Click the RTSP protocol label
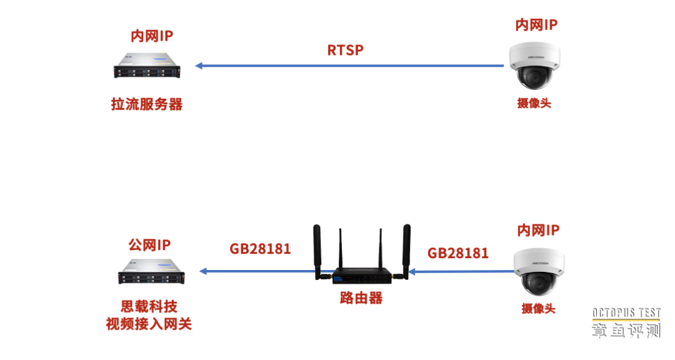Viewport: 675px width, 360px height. pyautogui.click(x=345, y=50)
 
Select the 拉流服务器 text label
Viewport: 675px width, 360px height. pyautogui.click(x=147, y=104)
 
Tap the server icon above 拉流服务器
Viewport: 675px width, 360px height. pyautogui.click(x=147, y=66)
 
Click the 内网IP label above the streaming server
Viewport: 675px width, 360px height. pyautogui.click(x=152, y=36)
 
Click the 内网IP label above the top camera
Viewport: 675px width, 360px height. pyautogui.click(x=536, y=25)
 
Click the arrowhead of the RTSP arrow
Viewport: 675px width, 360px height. pyautogui.click(x=199, y=66)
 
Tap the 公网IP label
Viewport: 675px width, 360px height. pyautogui.click(x=149, y=244)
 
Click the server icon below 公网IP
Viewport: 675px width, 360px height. pyautogui.click(x=151, y=271)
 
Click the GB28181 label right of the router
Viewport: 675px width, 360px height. pyautogui.click(x=458, y=253)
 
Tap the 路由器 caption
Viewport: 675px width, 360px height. pyautogui.click(x=361, y=297)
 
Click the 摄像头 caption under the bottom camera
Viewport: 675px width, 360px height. pyautogui.click(x=538, y=308)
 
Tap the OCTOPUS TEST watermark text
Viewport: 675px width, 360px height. pyautogui.click(x=626, y=313)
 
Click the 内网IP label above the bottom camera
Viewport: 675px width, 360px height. pyautogui.click(x=538, y=230)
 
